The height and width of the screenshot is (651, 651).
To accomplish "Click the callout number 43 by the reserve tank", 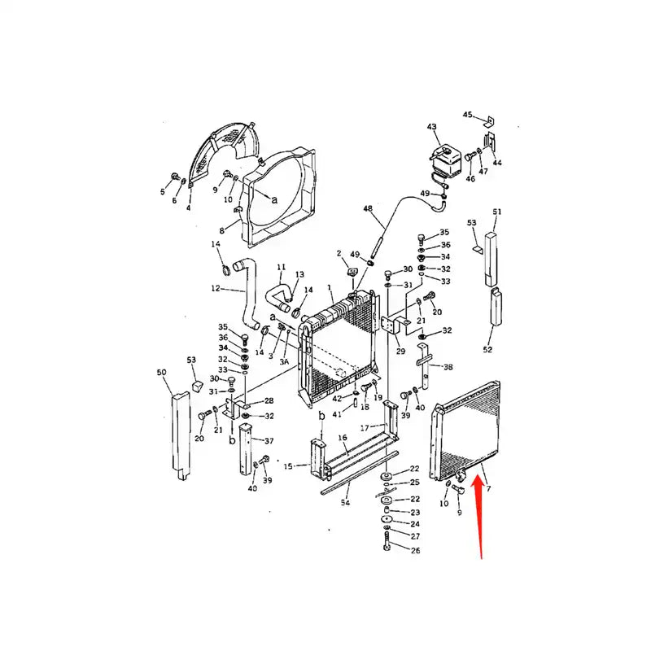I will [x=432, y=126].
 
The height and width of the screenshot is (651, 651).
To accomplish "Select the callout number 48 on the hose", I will [x=368, y=209].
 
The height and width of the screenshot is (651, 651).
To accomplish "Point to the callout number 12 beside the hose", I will [x=216, y=288].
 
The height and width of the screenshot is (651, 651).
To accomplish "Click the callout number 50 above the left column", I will [x=161, y=372].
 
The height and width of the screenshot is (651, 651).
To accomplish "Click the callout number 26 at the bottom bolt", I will [x=415, y=551].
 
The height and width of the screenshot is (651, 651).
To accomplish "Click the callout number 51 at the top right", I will [x=497, y=212].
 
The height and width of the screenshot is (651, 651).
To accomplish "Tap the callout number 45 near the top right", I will [x=468, y=115].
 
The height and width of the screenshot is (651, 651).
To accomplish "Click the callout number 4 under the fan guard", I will [x=189, y=208].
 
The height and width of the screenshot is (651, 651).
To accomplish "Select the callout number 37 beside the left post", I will [x=269, y=441].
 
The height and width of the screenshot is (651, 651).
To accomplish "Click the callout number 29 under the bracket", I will [x=400, y=351].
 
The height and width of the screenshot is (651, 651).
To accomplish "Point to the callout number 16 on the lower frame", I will [x=343, y=438].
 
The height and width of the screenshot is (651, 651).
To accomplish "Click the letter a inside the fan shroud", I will [x=274, y=199].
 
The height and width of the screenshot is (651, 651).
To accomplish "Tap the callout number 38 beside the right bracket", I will [x=448, y=367].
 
